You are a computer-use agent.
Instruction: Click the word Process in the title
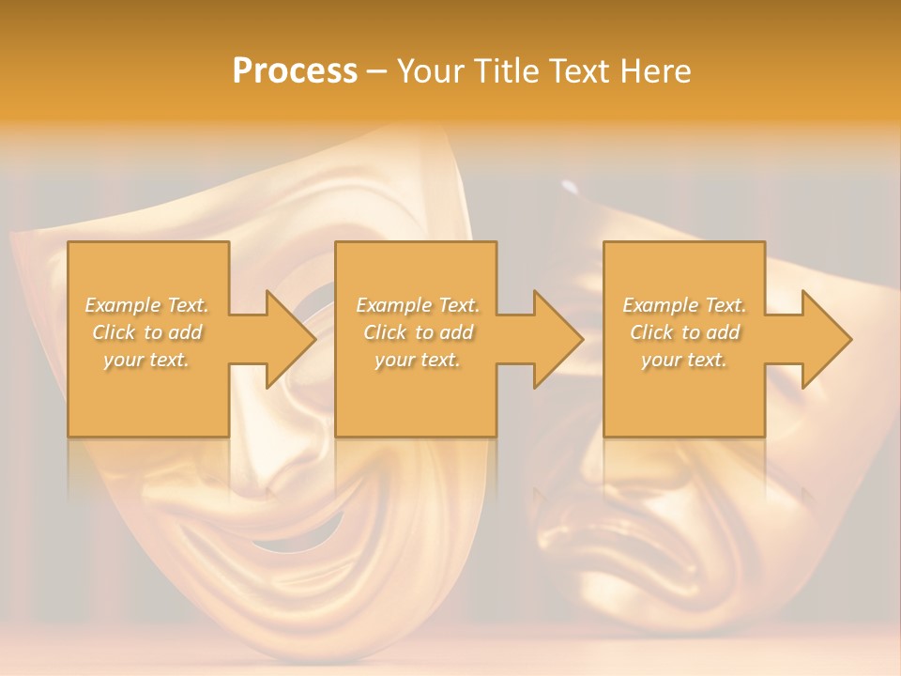[295, 71]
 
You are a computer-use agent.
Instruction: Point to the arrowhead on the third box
[825, 339]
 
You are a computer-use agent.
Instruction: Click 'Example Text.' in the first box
[147, 305]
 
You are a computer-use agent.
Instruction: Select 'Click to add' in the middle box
[418, 332]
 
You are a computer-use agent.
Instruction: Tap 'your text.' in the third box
[684, 360]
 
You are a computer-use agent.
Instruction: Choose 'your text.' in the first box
[147, 360]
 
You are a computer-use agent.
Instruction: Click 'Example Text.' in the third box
[684, 305]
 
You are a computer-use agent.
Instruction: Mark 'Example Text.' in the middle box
[418, 305]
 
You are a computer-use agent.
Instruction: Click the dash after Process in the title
[377, 71]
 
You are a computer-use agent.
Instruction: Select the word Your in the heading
[427, 71]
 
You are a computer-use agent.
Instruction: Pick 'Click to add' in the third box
[684, 332]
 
